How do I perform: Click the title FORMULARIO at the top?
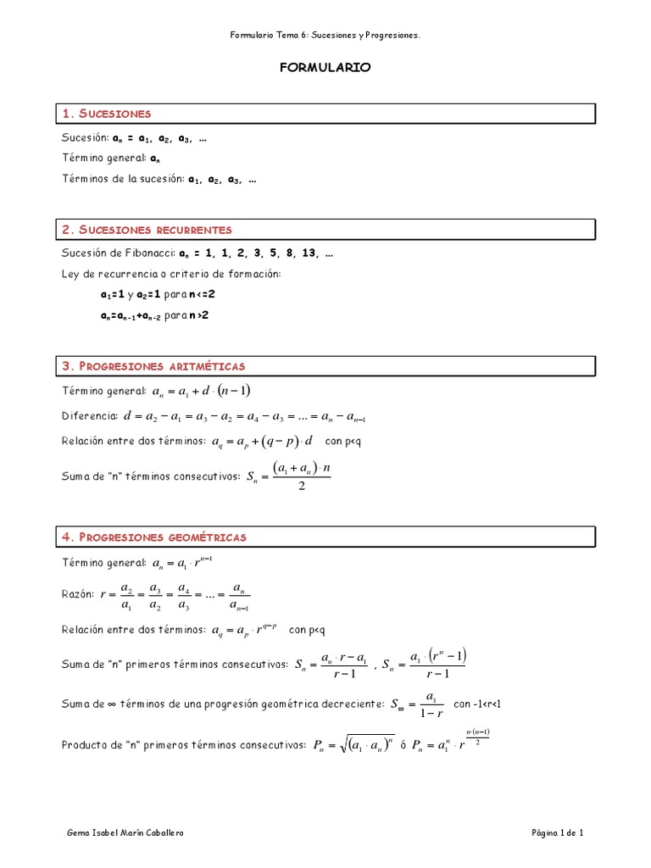tap(325, 68)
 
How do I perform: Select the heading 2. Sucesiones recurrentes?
tap(147, 230)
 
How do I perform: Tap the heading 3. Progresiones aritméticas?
tap(153, 366)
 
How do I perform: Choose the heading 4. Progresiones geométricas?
tap(153, 537)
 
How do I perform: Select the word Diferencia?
tap(90, 416)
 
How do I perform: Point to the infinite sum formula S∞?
tap(415, 705)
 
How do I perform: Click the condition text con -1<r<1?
tap(484, 704)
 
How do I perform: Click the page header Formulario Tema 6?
tap(325, 36)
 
